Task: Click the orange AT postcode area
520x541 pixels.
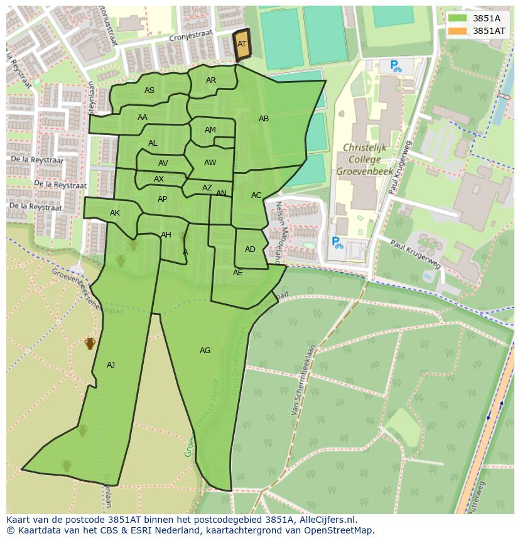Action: click(242, 45)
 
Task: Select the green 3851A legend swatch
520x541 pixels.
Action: click(458, 18)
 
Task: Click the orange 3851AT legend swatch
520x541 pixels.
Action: click(458, 31)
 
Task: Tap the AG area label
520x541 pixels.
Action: click(205, 351)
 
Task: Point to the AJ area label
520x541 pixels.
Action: click(111, 365)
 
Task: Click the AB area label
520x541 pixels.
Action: click(264, 119)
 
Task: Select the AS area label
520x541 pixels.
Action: click(149, 90)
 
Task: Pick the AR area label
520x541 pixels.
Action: click(211, 80)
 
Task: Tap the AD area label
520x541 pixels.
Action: click(250, 249)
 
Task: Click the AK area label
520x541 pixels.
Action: click(115, 214)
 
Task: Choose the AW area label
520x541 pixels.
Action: click(210, 163)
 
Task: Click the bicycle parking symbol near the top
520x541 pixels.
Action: click(395, 66)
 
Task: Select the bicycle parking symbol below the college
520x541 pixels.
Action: click(337, 243)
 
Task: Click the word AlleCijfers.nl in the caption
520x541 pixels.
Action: click(326, 520)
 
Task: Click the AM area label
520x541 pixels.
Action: click(210, 130)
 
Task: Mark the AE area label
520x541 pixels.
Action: click(237, 273)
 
